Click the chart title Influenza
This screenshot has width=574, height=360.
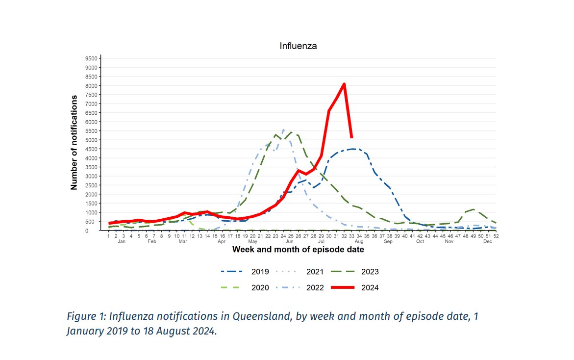[298, 46]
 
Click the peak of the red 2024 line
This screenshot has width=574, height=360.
[344, 84]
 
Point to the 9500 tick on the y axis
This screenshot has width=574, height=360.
[91, 58]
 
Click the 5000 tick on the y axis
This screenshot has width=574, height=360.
[91, 140]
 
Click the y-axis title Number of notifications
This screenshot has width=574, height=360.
[75, 142]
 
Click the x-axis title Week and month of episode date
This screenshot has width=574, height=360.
[298, 250]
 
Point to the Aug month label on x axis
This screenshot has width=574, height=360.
[359, 242]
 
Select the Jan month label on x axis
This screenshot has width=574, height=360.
[122, 242]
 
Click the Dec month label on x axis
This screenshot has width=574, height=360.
[487, 242]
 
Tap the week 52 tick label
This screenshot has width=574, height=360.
[496, 236]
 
